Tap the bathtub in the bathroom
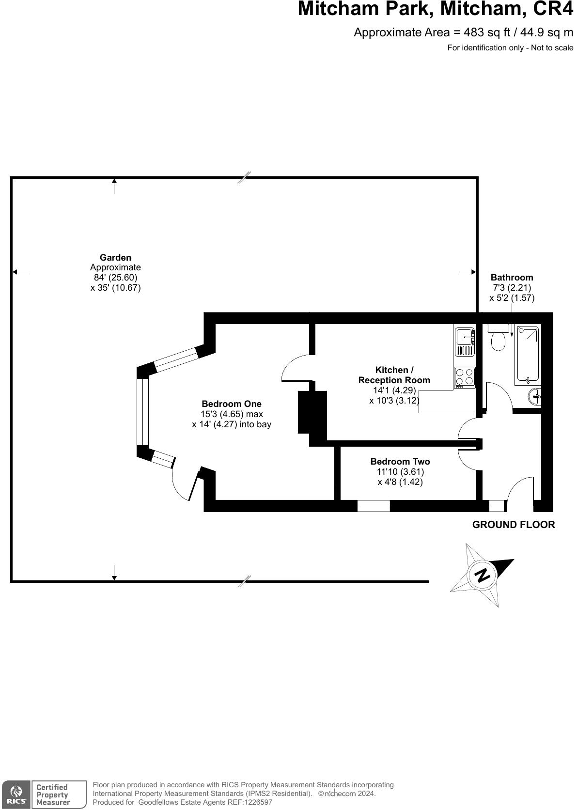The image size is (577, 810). (x=528, y=355)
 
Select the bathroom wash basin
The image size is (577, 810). (x=535, y=396)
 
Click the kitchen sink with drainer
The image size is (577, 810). (x=465, y=342)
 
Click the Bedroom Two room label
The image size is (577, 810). (x=400, y=462)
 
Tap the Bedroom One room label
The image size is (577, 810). (x=231, y=404)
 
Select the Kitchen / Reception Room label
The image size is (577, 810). (x=394, y=375)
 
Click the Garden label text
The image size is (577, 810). (x=115, y=258)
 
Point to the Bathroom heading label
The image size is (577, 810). (x=512, y=278)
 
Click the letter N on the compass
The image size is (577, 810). (x=483, y=575)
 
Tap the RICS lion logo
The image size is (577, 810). (x=16, y=794)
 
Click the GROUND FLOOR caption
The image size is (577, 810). (x=514, y=525)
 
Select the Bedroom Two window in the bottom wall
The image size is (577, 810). (x=374, y=506)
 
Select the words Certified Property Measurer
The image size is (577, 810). (x=53, y=794)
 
